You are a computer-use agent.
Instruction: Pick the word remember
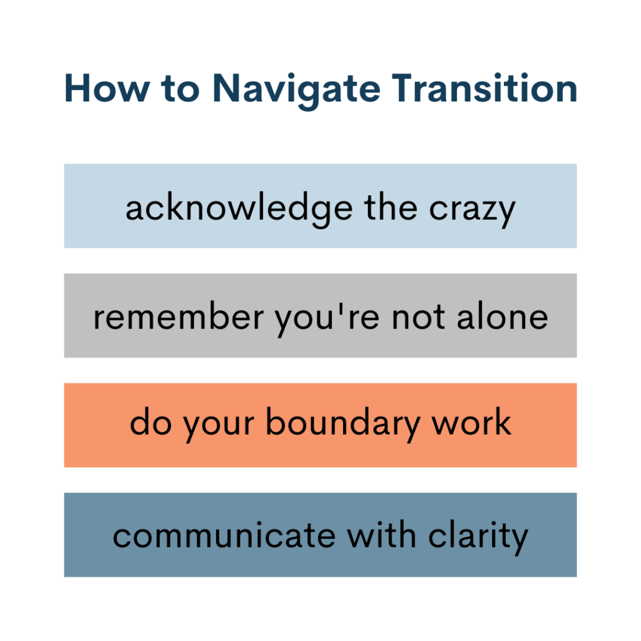coord(178,317)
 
